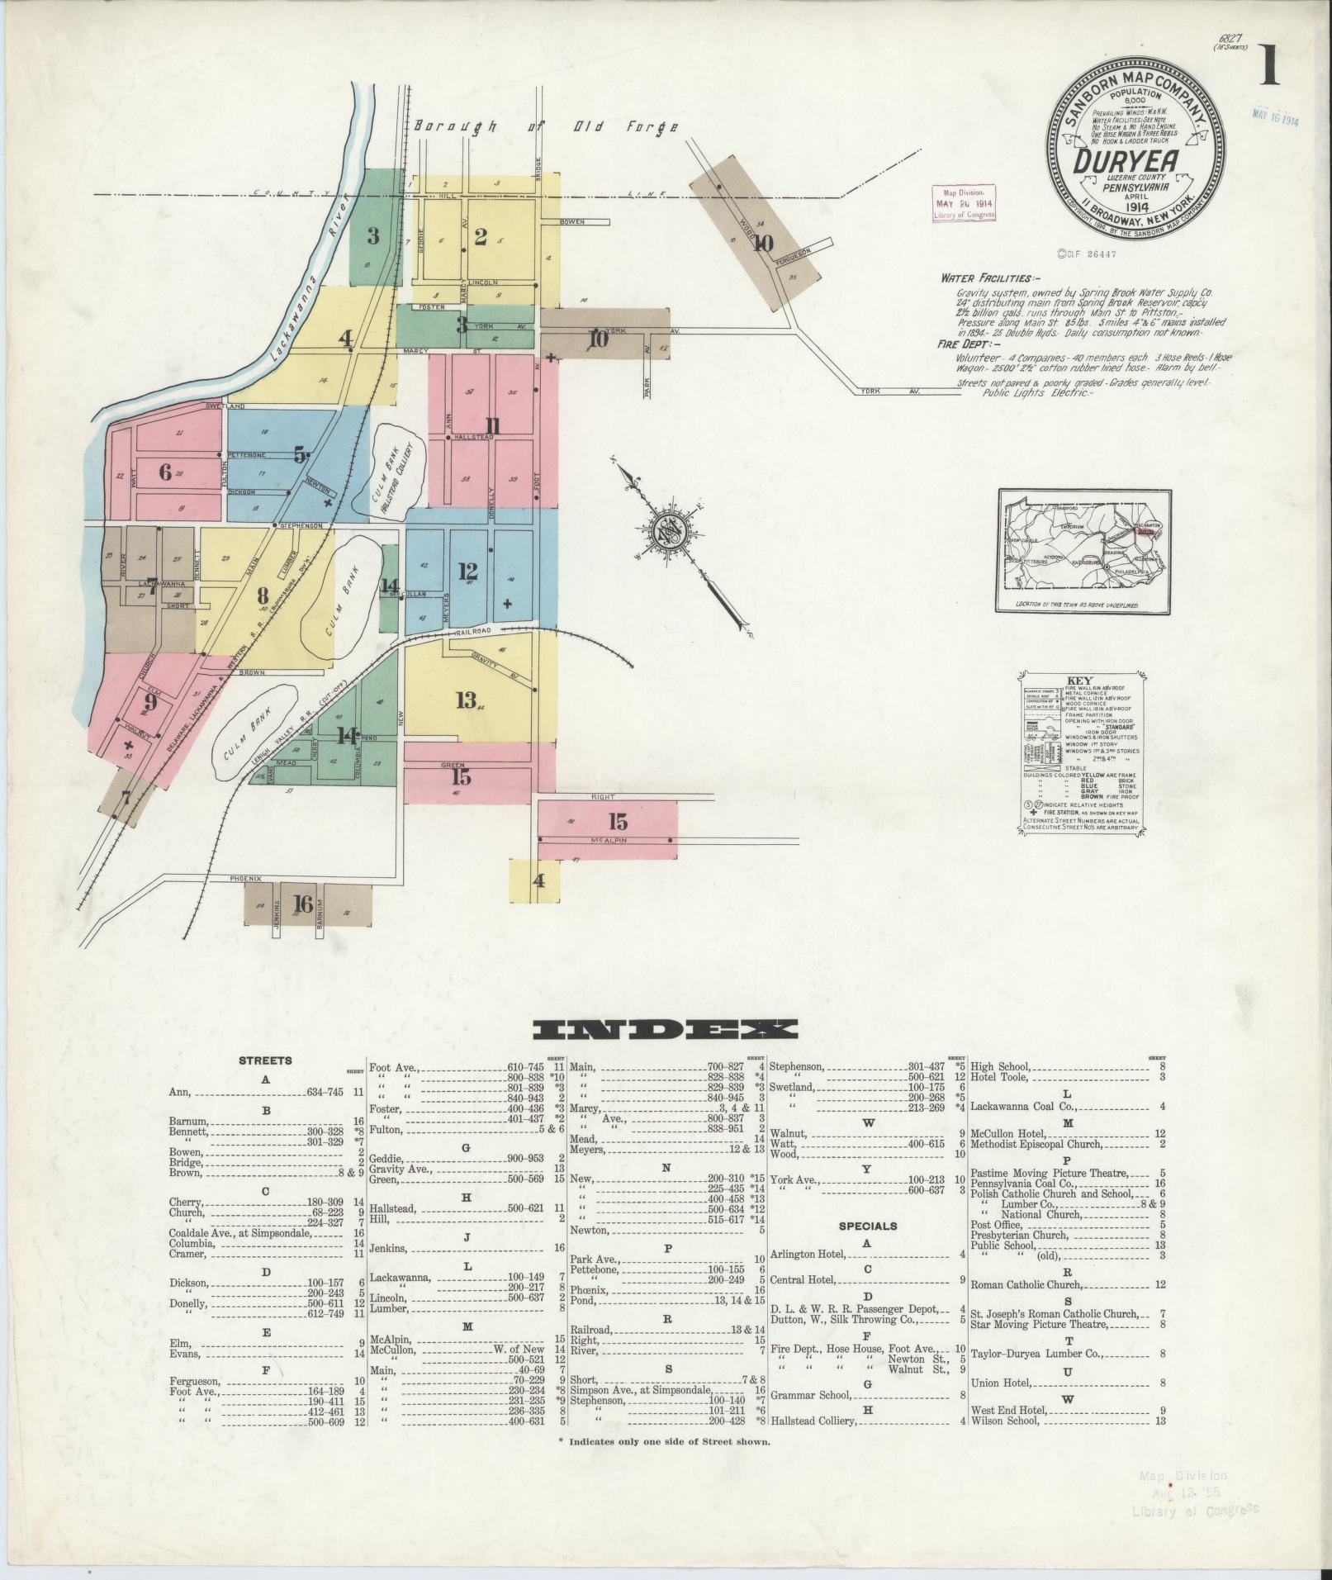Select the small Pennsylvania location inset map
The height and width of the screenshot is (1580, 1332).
click(1084, 551)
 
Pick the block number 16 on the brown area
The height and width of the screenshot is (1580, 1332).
click(303, 904)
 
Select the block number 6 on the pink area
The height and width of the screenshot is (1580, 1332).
click(165, 472)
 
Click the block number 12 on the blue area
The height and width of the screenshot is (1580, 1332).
click(467, 571)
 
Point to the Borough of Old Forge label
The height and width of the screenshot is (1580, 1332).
click(546, 126)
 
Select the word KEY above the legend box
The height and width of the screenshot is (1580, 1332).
click(1080, 681)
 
